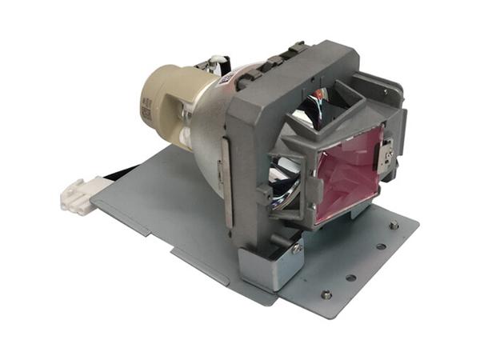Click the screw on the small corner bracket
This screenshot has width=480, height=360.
click(x=297, y=249)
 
